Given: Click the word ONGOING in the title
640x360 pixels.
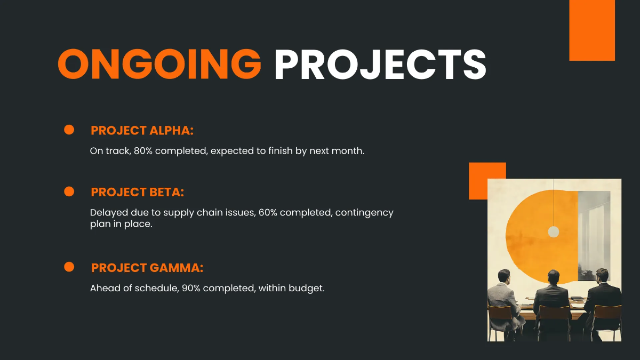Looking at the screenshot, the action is (159, 64).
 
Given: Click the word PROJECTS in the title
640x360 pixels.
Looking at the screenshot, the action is (380, 64).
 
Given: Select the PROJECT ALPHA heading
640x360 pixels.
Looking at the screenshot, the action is (142, 131).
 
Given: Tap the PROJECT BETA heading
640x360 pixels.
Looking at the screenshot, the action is (138, 193).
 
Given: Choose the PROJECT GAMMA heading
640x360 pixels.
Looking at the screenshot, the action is (147, 268).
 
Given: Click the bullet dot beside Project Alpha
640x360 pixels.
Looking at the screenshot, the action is (69, 130).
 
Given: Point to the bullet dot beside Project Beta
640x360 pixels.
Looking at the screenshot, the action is (69, 191).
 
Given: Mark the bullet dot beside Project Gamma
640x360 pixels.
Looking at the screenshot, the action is (69, 267).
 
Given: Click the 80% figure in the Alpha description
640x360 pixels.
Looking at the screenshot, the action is (143, 151).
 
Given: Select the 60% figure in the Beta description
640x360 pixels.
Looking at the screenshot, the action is (268, 213).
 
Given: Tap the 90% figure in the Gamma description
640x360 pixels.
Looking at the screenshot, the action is (191, 288).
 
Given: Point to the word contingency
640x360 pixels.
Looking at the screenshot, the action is (364, 213).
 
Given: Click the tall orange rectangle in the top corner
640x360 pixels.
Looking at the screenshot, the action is (592, 30).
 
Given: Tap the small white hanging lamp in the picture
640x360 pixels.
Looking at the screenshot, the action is (554, 231).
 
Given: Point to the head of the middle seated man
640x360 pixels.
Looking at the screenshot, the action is (553, 277).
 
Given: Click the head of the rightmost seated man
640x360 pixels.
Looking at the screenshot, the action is (602, 275).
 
